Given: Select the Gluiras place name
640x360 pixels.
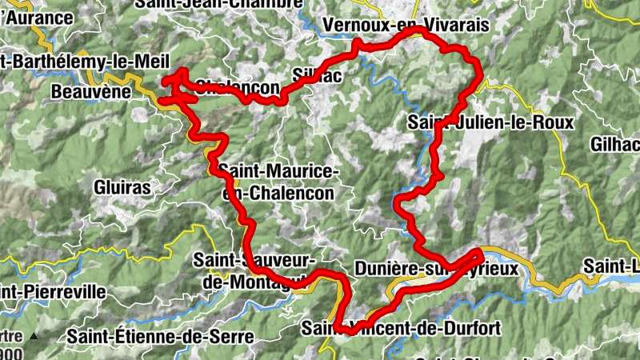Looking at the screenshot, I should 122,186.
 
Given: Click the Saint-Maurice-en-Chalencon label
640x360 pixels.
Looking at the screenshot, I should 278,182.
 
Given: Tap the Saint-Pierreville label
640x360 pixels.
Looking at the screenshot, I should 52,292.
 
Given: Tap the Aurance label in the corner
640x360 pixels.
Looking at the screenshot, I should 37,16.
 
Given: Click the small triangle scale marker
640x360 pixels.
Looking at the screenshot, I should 34,337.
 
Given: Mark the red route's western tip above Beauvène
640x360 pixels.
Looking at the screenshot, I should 166,80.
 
